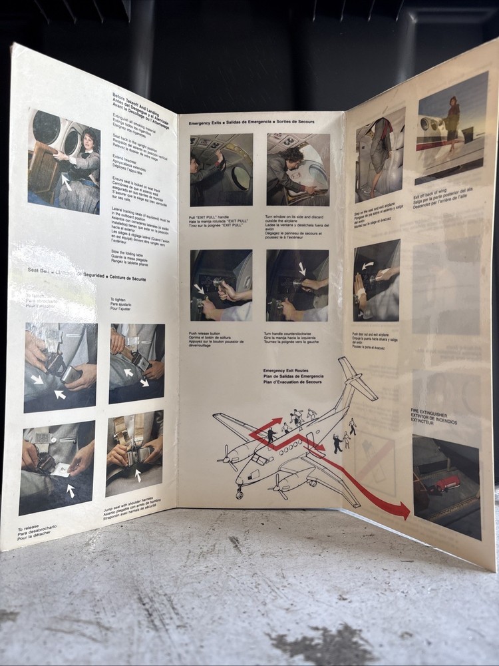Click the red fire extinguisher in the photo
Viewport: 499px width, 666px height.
(448, 483)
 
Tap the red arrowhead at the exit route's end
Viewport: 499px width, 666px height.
(401, 511)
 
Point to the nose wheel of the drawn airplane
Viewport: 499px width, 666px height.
(240, 494)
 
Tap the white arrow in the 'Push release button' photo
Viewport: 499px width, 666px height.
(199, 288)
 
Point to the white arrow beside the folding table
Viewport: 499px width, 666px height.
(65, 180)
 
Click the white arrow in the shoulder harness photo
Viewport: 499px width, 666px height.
(138, 474)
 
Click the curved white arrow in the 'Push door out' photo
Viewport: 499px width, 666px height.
(366, 266)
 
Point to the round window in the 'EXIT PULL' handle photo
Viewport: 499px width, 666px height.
(242, 178)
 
